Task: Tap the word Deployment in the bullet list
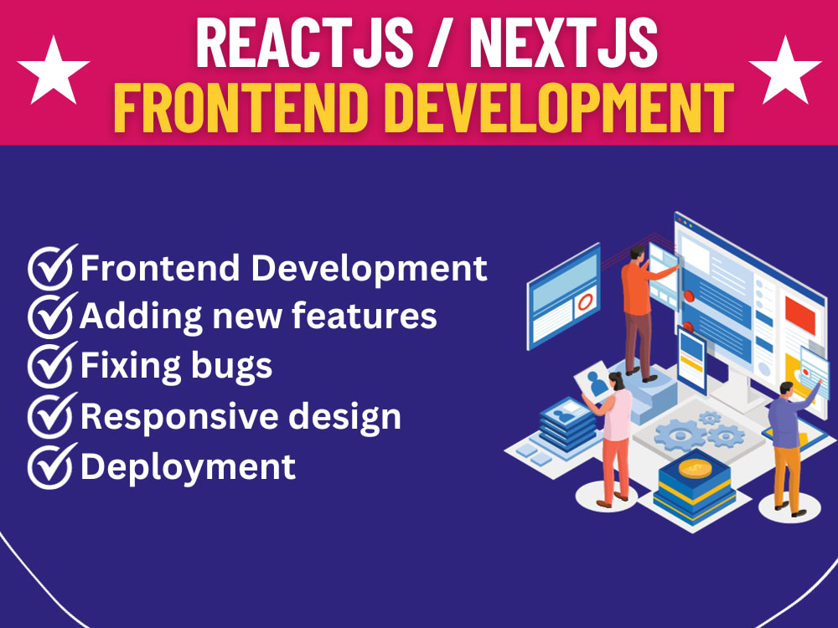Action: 188,466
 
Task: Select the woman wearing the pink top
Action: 615,435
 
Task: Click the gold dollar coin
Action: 696,469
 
